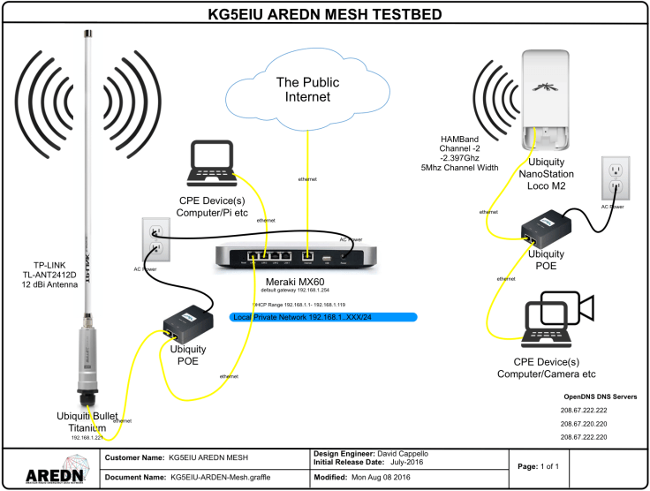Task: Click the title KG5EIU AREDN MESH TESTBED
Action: tap(324, 15)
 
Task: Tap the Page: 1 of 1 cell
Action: tap(541, 465)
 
